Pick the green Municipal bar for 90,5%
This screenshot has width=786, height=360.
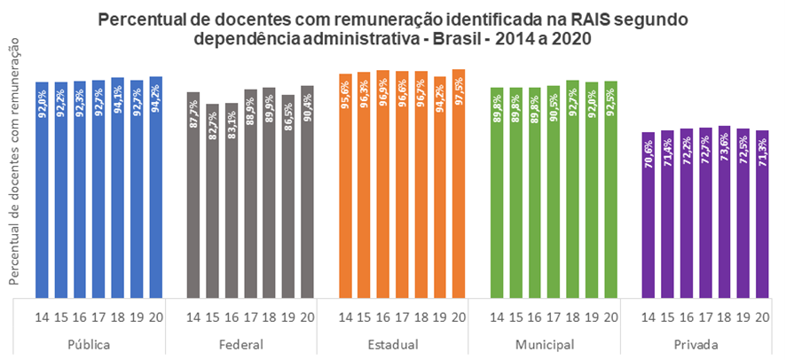pos(554,192)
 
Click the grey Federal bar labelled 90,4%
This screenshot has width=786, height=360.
pos(307,192)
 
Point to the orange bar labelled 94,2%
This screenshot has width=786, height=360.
pos(440,187)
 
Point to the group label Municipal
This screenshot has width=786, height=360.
pos(544,345)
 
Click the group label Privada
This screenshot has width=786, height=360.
pos(696,345)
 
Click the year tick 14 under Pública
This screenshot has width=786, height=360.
pos(42,317)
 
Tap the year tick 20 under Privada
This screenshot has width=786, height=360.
pos(763,317)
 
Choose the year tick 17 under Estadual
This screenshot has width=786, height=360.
pos(402,317)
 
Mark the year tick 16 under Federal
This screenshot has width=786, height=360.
pos(231,317)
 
